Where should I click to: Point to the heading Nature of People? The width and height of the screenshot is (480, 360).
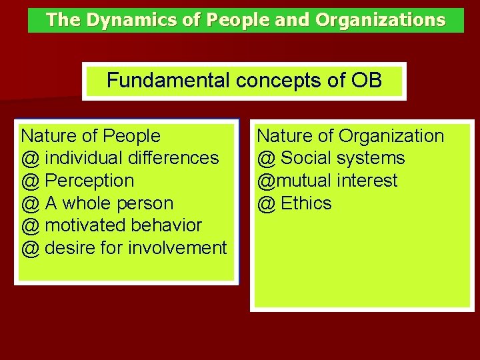tap(91, 136)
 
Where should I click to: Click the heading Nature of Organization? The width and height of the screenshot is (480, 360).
tap(350, 136)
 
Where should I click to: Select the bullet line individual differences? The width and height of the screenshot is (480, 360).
tap(131, 158)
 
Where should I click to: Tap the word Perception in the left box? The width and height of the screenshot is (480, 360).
tap(89, 181)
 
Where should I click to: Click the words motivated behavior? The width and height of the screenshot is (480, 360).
tap(123, 225)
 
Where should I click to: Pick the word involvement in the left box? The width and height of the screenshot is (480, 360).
tap(187, 248)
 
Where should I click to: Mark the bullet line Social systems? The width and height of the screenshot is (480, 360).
tap(343, 158)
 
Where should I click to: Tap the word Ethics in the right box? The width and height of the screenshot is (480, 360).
tap(306, 203)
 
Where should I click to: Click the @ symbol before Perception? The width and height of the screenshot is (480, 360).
tap(30, 181)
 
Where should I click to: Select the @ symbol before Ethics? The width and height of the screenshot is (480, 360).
tap(266, 203)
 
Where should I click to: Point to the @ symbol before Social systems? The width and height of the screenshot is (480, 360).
tap(266, 158)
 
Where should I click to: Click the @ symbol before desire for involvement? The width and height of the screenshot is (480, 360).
tap(30, 248)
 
